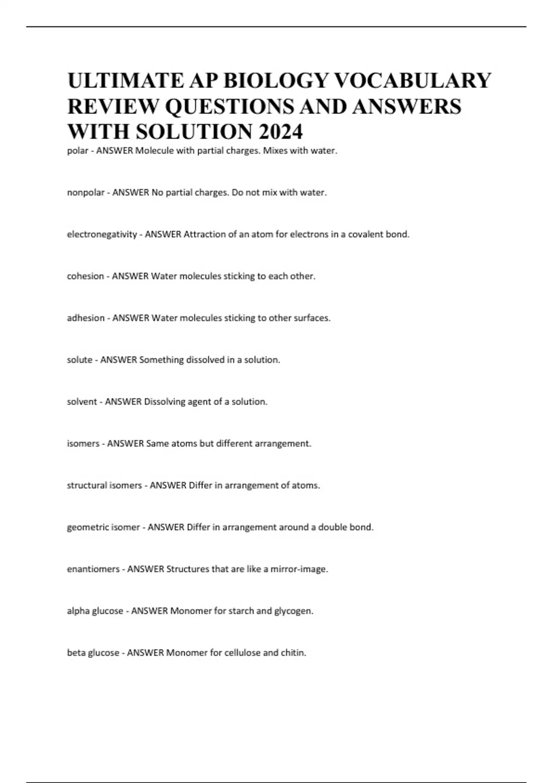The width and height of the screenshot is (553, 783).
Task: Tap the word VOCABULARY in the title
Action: tap(412, 81)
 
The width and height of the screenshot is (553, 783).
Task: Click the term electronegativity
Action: tap(102, 234)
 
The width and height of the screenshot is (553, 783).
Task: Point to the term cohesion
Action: tap(85, 276)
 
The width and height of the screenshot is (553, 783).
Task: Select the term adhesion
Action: tap(86, 318)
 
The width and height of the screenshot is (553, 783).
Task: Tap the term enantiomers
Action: tap(93, 569)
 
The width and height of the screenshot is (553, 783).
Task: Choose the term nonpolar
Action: tap(86, 193)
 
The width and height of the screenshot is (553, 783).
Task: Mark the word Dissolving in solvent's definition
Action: tap(165, 402)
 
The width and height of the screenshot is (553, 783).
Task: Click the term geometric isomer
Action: tap(103, 527)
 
